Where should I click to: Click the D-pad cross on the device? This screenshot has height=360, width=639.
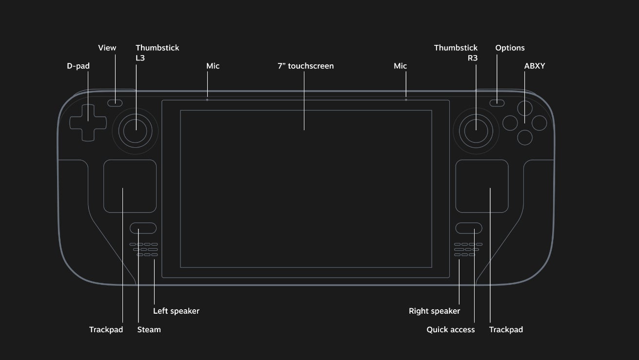[x=87, y=122]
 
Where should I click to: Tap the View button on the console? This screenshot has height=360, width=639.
[x=115, y=102]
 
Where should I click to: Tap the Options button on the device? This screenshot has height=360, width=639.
[x=497, y=102]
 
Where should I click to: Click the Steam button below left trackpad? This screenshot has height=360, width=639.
[x=143, y=228]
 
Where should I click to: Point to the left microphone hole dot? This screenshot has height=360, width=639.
[x=207, y=100]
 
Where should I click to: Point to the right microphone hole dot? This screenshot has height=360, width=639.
[x=406, y=100]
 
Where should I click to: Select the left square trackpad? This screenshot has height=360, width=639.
[x=130, y=186]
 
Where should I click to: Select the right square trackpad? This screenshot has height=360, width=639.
[x=482, y=186]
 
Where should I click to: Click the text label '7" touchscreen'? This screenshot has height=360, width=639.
[x=305, y=66]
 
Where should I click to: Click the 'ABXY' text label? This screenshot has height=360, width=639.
[x=535, y=66]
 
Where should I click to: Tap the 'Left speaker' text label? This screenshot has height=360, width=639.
[x=176, y=311]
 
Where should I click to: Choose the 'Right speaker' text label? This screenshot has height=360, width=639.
[x=434, y=311]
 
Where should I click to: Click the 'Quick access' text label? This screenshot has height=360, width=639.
[x=450, y=330]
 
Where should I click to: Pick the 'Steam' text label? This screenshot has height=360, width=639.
[x=149, y=330]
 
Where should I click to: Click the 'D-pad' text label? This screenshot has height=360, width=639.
[x=78, y=66]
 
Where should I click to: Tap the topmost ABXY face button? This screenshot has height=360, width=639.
[x=525, y=108]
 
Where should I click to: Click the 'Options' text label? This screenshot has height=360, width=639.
[x=510, y=48]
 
